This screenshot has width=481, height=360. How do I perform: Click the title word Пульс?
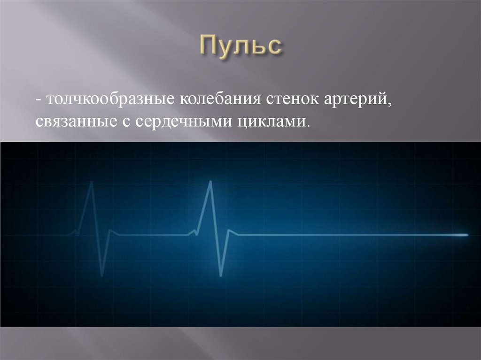click(x=241, y=46)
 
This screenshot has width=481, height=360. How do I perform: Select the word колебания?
click(x=220, y=100)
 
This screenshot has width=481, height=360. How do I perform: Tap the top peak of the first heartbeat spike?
click(x=92, y=182)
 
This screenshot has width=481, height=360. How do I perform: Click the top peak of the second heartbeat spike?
click(x=210, y=181)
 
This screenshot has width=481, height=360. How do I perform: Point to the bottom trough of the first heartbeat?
click(x=102, y=276)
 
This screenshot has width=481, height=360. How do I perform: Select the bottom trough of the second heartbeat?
click(x=221, y=276)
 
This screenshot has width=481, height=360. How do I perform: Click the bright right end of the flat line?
click(x=467, y=235)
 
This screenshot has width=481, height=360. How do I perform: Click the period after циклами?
click(x=305, y=126)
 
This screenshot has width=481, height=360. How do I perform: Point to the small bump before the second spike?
click(x=194, y=230)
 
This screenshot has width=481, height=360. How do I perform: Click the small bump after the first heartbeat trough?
click(x=110, y=230)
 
